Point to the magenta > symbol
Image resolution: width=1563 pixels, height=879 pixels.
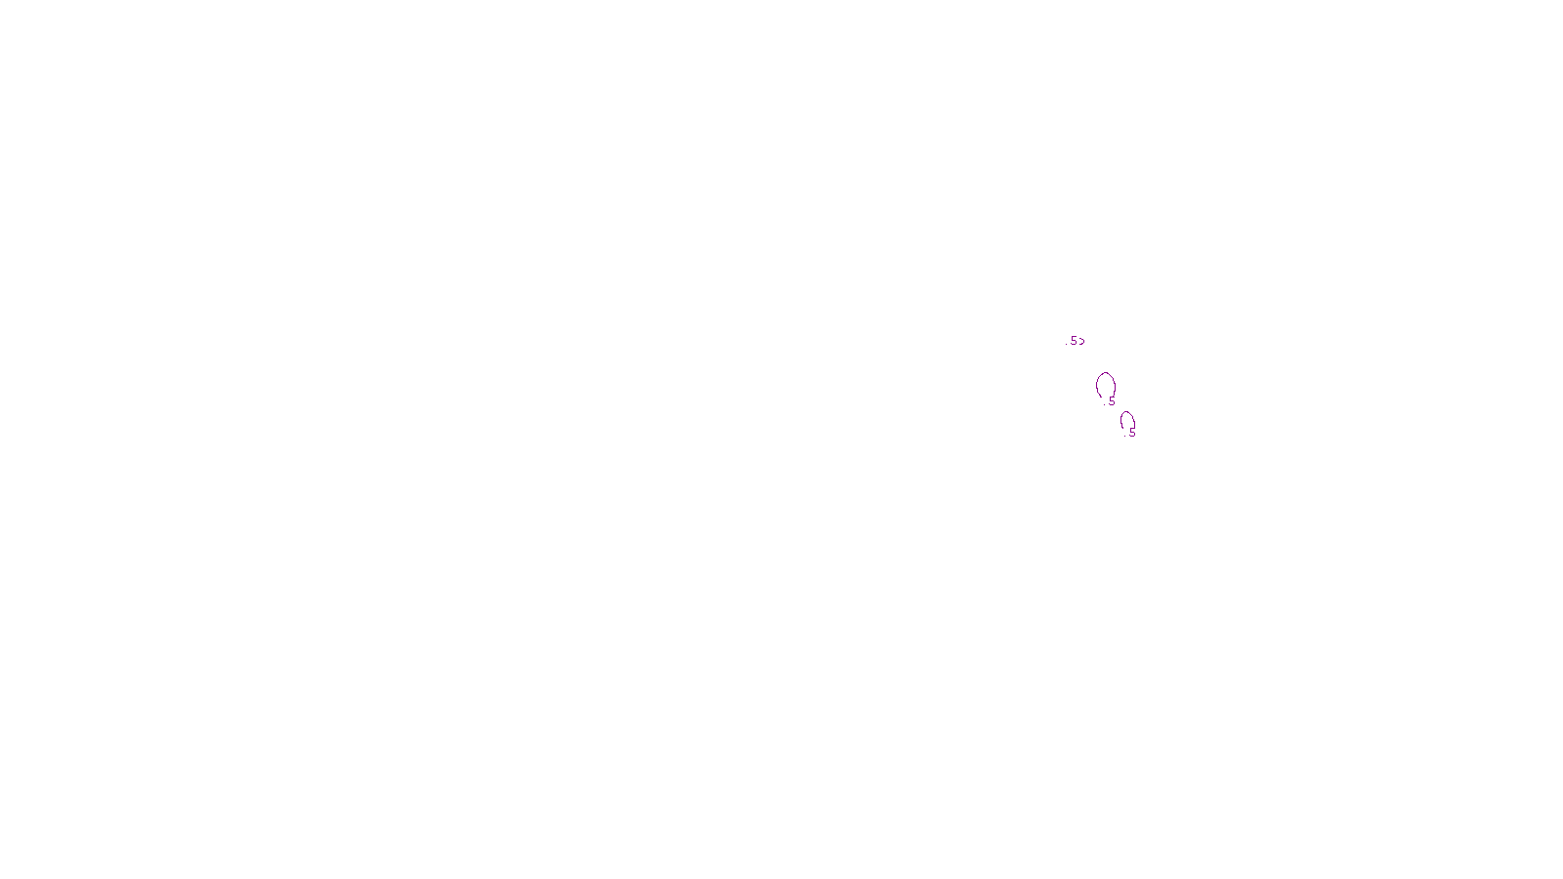1081,341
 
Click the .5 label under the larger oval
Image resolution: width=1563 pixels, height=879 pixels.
1111,400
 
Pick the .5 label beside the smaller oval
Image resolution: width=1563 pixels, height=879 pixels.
1132,432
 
